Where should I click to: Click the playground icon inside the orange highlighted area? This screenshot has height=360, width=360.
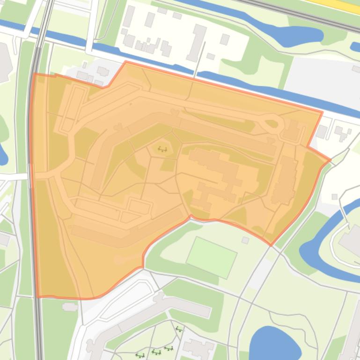[x=162, y=150]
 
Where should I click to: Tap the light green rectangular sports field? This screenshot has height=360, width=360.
[x=212, y=257]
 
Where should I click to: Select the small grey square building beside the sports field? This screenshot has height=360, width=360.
[x=245, y=240]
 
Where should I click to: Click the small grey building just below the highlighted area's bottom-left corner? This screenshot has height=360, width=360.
[x=70, y=307]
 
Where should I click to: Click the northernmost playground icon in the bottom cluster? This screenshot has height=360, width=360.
[x=179, y=330]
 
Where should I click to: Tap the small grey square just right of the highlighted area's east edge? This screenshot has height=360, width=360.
[x=335, y=197]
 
